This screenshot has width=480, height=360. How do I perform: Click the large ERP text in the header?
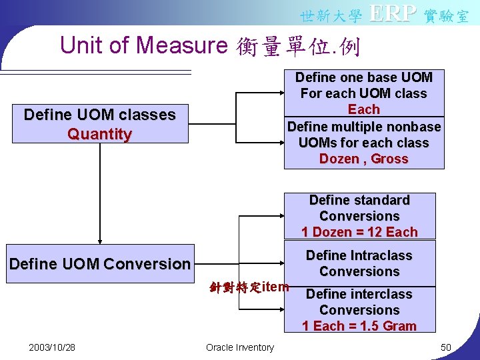[x=393, y=13]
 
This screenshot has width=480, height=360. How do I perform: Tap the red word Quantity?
[x=99, y=134]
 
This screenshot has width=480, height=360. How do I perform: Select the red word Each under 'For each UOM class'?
[x=363, y=109]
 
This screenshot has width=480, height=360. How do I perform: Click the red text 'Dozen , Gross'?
[x=363, y=159]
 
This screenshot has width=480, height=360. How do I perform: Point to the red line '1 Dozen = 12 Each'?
[x=359, y=232]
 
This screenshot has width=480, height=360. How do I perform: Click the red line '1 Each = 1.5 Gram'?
[x=359, y=326]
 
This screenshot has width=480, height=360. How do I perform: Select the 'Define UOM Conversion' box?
[x=99, y=264]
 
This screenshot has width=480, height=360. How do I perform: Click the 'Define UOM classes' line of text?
[x=99, y=115]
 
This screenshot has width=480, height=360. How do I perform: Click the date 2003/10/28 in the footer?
[x=52, y=347]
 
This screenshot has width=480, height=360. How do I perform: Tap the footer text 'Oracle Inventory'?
[x=240, y=347]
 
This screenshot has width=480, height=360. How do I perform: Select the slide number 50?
[x=445, y=347]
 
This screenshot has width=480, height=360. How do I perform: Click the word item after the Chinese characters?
[x=276, y=287]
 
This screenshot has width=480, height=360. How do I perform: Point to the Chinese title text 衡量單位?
[x=286, y=47]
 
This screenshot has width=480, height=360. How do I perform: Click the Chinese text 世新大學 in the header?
[x=331, y=15]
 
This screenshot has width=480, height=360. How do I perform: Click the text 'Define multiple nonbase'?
[x=363, y=127]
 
